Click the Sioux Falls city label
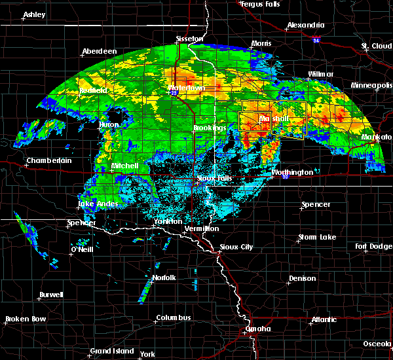[215, 177]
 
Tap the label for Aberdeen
[99, 51]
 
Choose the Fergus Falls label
[261, 4]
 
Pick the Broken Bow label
[26, 319]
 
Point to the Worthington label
[292, 172]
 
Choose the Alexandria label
[306, 26]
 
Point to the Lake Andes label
[98, 204]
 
